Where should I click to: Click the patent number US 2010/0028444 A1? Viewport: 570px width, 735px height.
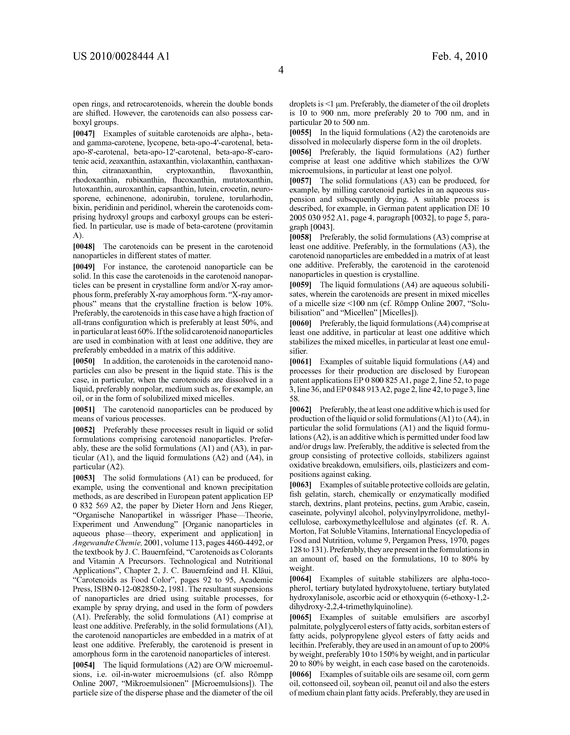[121, 56]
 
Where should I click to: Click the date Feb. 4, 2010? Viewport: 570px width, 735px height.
[459, 56]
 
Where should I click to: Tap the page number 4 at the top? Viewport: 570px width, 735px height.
[281, 70]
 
